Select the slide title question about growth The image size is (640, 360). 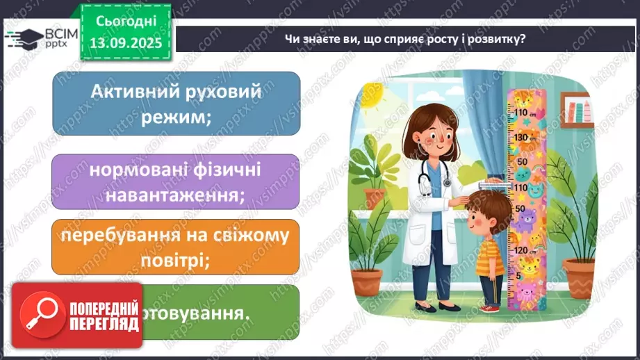click(x=404, y=39)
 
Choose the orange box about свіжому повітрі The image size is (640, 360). click(x=177, y=245)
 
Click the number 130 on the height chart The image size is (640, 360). click(x=520, y=138)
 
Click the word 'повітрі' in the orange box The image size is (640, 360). click(x=176, y=259)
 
